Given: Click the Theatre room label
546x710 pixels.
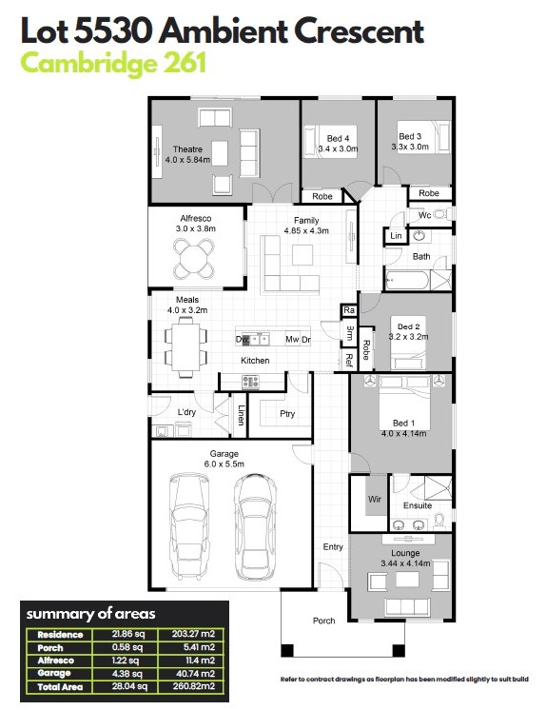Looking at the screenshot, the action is (x=187, y=149).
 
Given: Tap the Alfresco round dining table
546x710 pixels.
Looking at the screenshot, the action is (x=194, y=259).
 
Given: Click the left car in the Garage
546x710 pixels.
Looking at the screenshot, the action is (x=189, y=527).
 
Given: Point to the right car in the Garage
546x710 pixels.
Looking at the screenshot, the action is (x=255, y=526).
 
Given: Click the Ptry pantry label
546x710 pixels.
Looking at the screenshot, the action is (x=287, y=413).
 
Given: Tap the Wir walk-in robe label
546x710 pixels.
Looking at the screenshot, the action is (x=375, y=499).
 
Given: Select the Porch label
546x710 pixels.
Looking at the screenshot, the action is (x=323, y=621).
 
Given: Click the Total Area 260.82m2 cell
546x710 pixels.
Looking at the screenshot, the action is (x=194, y=686).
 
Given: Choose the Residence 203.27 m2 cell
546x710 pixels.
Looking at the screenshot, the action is (x=194, y=634).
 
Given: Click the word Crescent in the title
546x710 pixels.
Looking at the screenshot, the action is (x=359, y=31).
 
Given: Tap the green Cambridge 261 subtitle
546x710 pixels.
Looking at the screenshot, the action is (x=113, y=64).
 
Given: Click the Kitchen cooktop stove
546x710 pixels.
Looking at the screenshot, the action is (x=250, y=383).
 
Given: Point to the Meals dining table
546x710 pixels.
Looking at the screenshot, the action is (x=186, y=346).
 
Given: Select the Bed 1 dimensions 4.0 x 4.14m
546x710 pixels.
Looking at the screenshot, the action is (x=403, y=433).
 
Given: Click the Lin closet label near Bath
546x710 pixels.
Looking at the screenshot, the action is (x=396, y=235).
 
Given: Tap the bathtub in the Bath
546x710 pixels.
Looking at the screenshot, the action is (x=406, y=281).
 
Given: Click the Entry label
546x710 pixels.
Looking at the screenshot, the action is (x=333, y=547).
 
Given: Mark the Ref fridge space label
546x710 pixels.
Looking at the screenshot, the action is (x=348, y=360).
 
